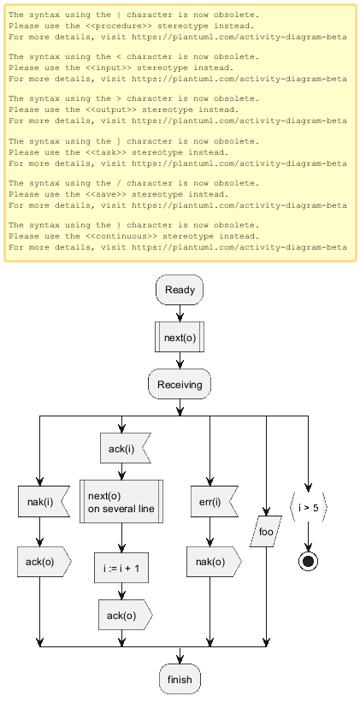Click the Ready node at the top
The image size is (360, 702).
[x=180, y=290]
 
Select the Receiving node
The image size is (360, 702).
[x=180, y=384]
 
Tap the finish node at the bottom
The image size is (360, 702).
[x=180, y=679]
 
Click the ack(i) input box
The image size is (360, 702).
[x=125, y=448]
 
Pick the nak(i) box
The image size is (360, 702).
[x=44, y=501]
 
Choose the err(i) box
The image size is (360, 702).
[x=212, y=501]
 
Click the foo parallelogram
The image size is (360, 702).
[x=267, y=532]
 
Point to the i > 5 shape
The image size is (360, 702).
[x=308, y=507]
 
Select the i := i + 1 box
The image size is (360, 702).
[x=121, y=568]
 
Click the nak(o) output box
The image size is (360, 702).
[x=214, y=562]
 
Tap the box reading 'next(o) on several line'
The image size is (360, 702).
[x=121, y=501]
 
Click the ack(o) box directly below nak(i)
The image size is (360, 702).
[x=44, y=562]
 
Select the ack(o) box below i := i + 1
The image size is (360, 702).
[x=126, y=615]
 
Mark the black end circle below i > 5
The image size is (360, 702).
[x=308, y=562]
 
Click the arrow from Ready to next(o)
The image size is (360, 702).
[x=180, y=314]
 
